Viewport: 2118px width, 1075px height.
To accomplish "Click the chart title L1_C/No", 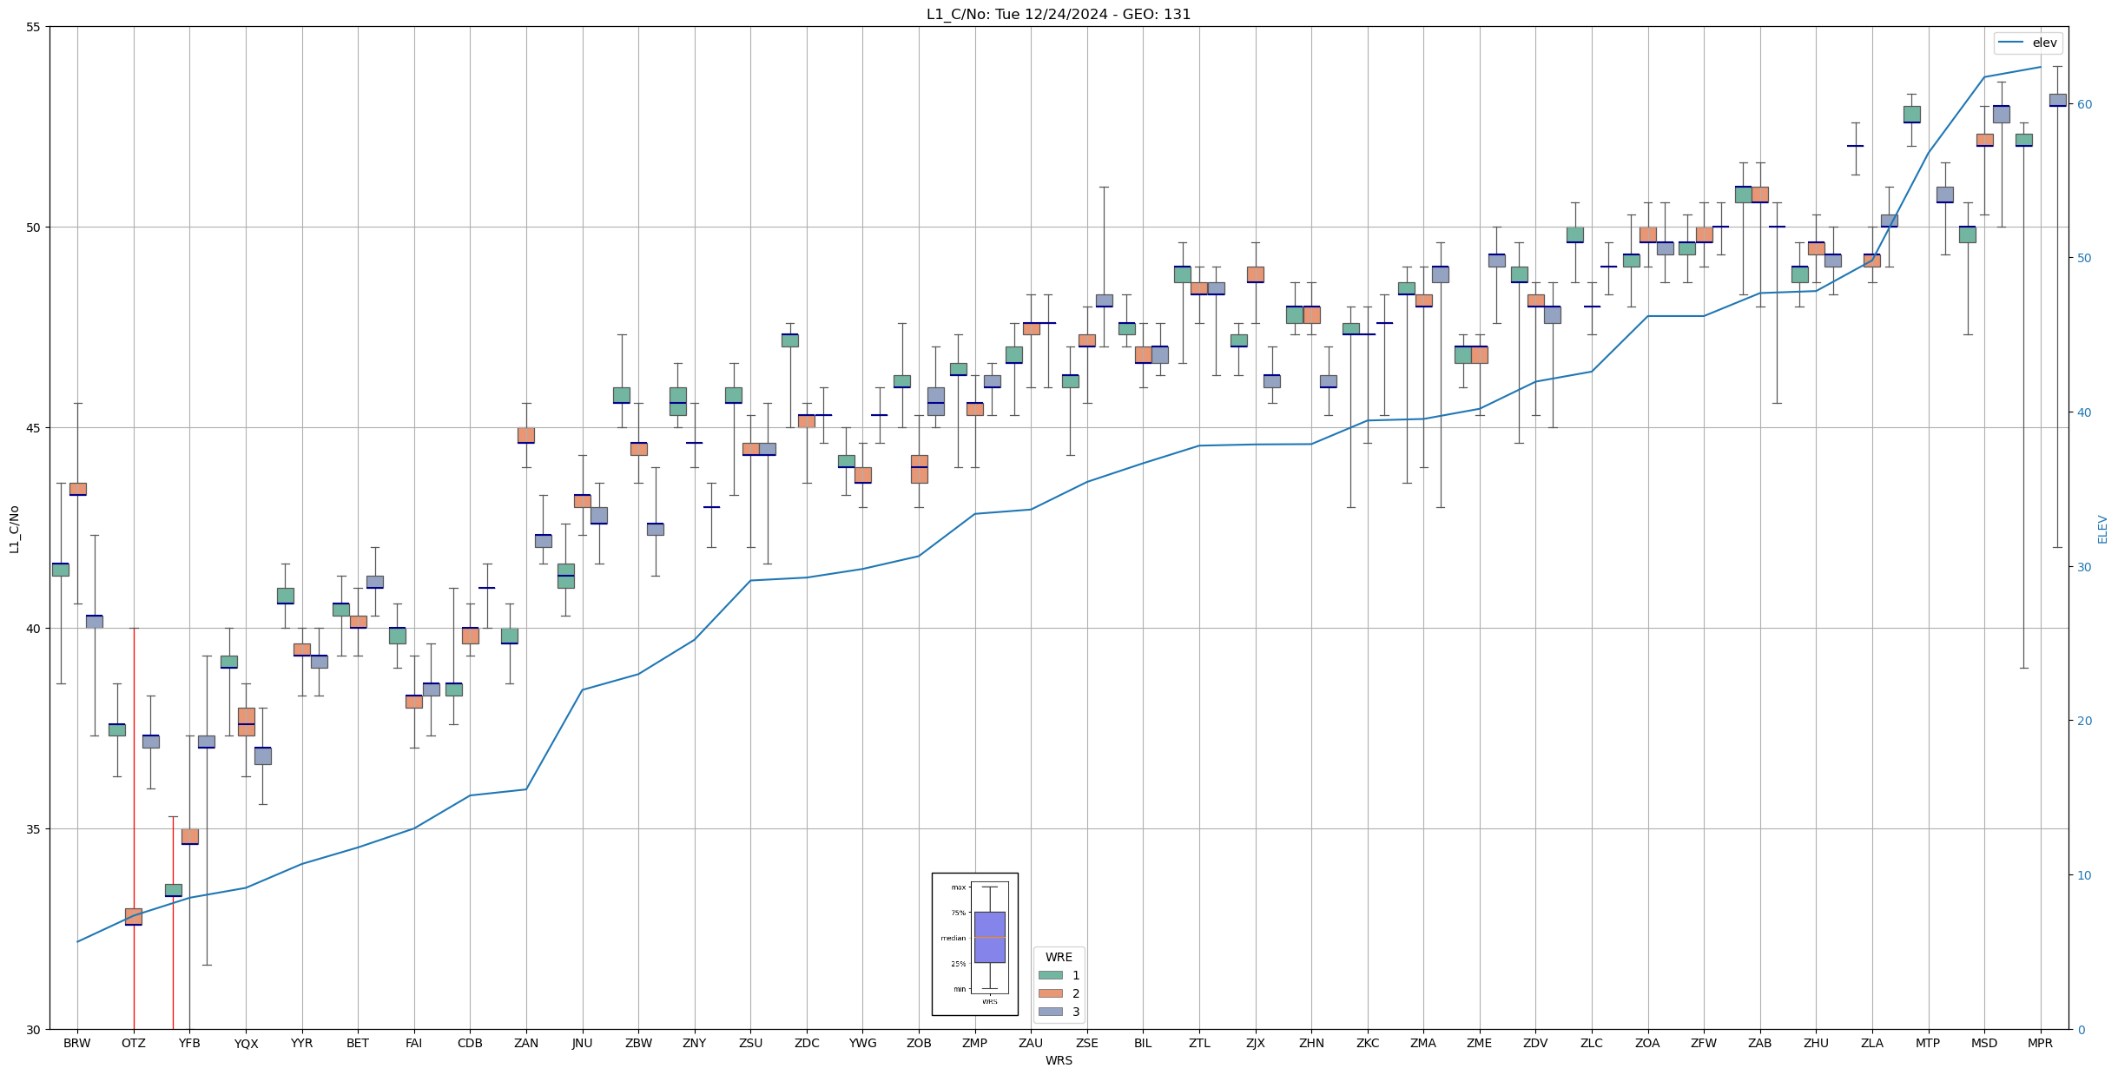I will (x=1059, y=14).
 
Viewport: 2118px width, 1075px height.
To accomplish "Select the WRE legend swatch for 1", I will (x=1050, y=975).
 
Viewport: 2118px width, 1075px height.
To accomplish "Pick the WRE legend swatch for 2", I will (x=1050, y=993).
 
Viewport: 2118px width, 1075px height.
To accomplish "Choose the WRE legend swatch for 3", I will (x=1050, y=1012).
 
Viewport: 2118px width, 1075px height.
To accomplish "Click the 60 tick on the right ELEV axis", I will (x=2083, y=104).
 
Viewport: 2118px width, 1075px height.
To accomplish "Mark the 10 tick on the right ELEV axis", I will (x=2083, y=875).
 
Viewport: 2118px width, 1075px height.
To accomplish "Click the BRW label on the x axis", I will (x=77, y=1043).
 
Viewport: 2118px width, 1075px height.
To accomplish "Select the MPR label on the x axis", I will (x=2040, y=1043).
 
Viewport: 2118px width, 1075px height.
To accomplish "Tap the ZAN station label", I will (x=526, y=1043).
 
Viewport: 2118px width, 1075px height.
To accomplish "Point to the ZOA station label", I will (x=1647, y=1043).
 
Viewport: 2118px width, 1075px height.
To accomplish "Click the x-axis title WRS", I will (x=1059, y=1060).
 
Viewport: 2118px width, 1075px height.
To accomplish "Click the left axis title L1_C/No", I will (x=14, y=529).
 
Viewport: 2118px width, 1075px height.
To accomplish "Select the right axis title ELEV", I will (x=2102, y=529).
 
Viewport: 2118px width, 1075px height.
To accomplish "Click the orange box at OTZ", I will (x=134, y=916).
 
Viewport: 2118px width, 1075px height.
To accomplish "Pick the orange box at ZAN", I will (x=526, y=435).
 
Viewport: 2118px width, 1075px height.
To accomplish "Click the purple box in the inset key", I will (x=989, y=937).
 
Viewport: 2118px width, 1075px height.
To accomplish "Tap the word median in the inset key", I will (x=953, y=938).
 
